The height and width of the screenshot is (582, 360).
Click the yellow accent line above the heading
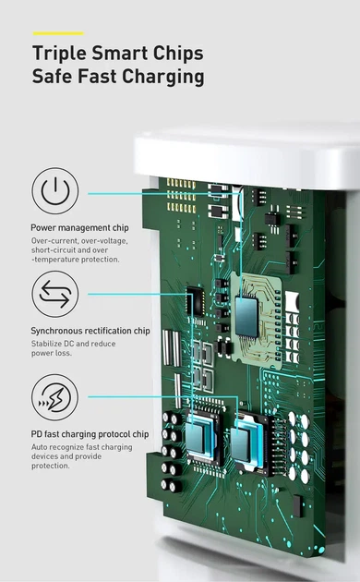click(58, 33)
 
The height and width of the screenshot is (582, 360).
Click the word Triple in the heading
click(59, 53)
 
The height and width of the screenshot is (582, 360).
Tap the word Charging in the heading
click(163, 77)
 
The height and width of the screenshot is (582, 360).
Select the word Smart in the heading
click(120, 53)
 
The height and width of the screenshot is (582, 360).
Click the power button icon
click(55, 191)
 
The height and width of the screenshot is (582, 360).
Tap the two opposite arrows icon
click(55, 294)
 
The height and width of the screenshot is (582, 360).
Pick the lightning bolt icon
click(55, 397)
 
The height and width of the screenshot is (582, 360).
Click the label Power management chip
click(79, 227)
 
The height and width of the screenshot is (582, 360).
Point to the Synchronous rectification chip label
click(90, 331)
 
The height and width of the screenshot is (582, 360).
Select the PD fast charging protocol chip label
click(90, 434)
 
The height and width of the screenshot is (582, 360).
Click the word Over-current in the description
click(54, 241)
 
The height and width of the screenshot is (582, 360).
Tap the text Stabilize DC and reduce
click(74, 344)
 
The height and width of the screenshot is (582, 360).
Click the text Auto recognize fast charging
click(81, 447)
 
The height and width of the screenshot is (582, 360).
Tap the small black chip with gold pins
click(195, 301)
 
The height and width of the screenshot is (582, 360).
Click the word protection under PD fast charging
click(50, 466)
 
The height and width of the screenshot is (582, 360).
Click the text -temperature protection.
click(76, 260)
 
